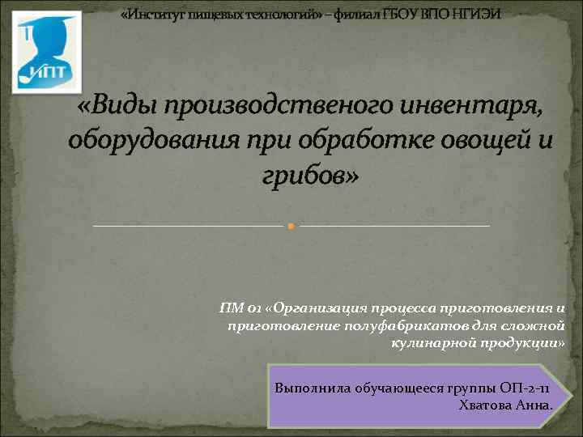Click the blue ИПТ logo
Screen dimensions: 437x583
click(46, 51)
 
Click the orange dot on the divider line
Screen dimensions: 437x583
click(291, 226)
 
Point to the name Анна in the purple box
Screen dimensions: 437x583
click(535, 405)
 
